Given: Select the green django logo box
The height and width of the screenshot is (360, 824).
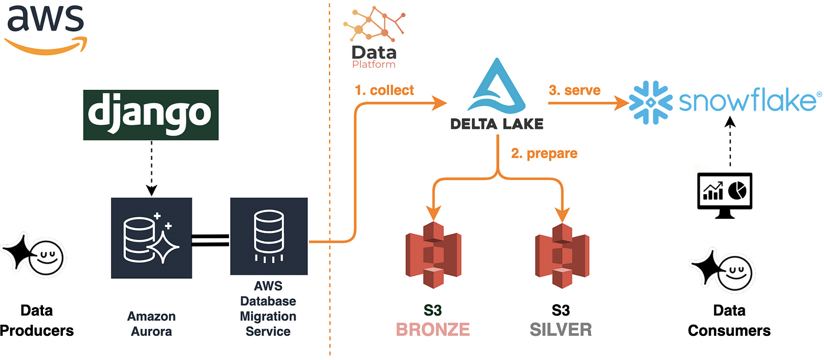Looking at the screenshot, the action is (151, 115).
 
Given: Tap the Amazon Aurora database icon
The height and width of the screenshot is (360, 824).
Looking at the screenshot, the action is (152, 238).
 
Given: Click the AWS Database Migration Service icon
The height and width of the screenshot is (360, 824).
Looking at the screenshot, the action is (269, 236).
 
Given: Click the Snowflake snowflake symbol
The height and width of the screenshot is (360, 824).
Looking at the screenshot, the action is (650, 102).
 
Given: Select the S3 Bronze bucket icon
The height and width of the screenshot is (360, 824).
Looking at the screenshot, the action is (433, 255).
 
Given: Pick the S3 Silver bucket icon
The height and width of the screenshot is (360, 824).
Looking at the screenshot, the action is (562, 255).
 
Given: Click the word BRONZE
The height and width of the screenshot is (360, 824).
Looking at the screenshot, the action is (433, 329).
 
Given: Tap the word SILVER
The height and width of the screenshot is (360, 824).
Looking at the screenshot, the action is (561, 329).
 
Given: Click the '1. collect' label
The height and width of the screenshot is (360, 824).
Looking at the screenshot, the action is (384, 90).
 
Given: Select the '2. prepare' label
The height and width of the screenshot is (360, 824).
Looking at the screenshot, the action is (544, 154).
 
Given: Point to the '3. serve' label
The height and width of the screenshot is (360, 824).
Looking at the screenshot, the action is (574, 90).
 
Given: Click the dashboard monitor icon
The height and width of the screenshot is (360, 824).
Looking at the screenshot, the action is (725, 195).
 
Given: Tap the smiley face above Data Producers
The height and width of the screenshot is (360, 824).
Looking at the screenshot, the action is (46, 258).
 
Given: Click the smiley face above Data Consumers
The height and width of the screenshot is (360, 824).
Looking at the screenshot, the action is (735, 273).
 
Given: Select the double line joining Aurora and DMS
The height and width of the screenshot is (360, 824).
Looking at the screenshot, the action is (211, 241).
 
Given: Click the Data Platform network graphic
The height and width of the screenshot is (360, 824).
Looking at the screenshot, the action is (374, 24).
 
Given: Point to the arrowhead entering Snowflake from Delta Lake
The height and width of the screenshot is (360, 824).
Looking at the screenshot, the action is (622, 103).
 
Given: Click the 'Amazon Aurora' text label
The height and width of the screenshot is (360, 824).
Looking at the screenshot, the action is (152, 324).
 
